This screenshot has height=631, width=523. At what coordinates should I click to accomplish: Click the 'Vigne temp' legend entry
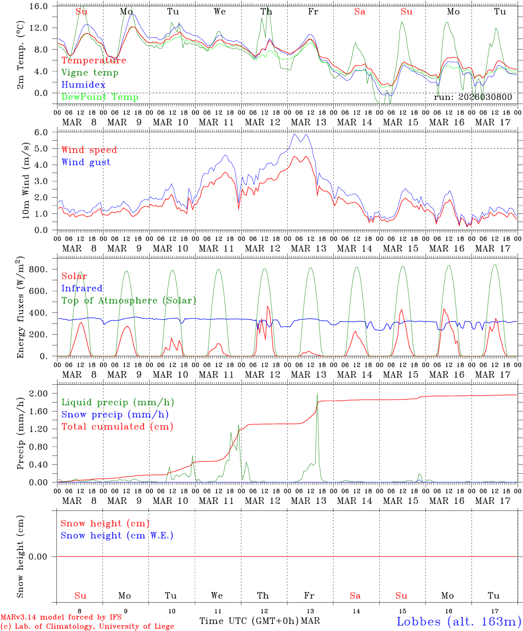point(90,73)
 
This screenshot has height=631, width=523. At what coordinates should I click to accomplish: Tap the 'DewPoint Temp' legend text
point(100,97)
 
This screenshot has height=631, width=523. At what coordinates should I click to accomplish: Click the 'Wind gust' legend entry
point(86,162)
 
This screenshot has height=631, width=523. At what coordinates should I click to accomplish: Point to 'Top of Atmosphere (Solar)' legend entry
point(128,301)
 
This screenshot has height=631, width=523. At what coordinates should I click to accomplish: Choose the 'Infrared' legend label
point(82,288)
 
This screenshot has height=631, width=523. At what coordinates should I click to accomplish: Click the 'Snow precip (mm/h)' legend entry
point(115,415)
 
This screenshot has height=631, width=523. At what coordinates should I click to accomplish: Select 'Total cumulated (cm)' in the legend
point(117,427)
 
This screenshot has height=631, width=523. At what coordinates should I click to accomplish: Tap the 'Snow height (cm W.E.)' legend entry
point(117,535)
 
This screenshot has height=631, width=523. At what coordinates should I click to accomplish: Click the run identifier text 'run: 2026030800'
point(473,97)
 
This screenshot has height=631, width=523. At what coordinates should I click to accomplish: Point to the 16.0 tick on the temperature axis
point(40,6)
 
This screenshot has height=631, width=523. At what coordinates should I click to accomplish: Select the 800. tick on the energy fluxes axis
point(38,269)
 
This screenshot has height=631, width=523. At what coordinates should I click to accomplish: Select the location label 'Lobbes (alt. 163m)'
point(459,621)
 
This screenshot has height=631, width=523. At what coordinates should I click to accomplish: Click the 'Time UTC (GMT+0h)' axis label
point(249,621)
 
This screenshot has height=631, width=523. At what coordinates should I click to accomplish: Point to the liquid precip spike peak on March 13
point(317,393)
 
